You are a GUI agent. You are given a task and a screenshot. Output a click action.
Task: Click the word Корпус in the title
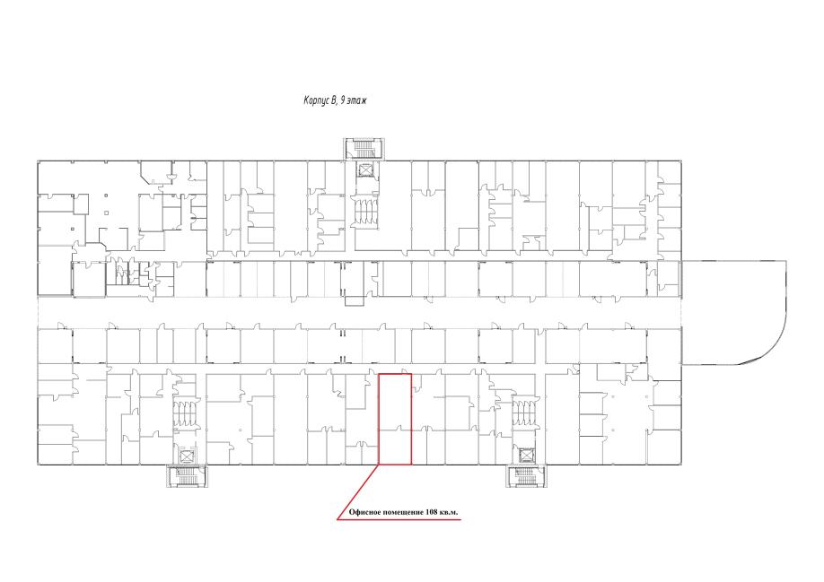(316, 100)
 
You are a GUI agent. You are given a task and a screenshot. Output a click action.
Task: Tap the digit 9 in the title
(343, 100)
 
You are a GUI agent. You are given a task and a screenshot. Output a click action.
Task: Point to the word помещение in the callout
(403, 513)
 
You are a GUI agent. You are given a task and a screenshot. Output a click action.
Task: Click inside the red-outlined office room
(395, 419)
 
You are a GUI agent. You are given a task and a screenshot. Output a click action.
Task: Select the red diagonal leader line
(358, 491)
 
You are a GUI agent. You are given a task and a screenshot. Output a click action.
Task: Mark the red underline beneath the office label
(399, 519)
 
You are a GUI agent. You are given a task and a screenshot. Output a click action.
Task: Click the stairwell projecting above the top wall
(364, 149)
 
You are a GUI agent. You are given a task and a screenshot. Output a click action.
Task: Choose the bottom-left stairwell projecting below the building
(187, 475)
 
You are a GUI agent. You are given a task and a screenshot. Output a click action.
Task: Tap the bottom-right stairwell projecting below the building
(526, 475)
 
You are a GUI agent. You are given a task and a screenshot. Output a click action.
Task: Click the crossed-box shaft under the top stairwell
(364, 170)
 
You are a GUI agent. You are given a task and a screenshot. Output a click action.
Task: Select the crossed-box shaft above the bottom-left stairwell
(187, 456)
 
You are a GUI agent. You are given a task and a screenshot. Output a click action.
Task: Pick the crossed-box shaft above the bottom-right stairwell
(526, 455)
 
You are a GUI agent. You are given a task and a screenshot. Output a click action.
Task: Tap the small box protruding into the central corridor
(355, 300)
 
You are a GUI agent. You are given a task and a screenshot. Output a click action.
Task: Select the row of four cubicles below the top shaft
(364, 213)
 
